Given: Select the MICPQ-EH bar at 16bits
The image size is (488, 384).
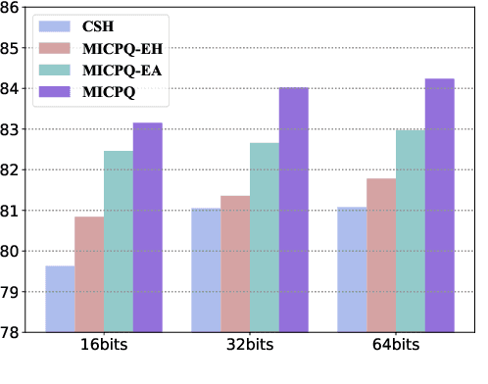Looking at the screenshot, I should [89, 274].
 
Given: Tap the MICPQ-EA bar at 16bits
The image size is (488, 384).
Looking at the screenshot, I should [119, 241].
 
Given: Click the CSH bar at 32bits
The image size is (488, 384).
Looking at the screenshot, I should [206, 270].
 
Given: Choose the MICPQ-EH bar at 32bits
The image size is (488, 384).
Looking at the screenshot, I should [235, 264].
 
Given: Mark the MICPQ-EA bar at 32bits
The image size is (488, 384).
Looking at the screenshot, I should [265, 237].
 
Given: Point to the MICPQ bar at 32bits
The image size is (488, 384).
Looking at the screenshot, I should [294, 210].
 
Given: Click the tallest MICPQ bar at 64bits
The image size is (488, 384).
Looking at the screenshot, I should [440, 205].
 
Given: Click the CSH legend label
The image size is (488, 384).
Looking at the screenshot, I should [97, 25].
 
